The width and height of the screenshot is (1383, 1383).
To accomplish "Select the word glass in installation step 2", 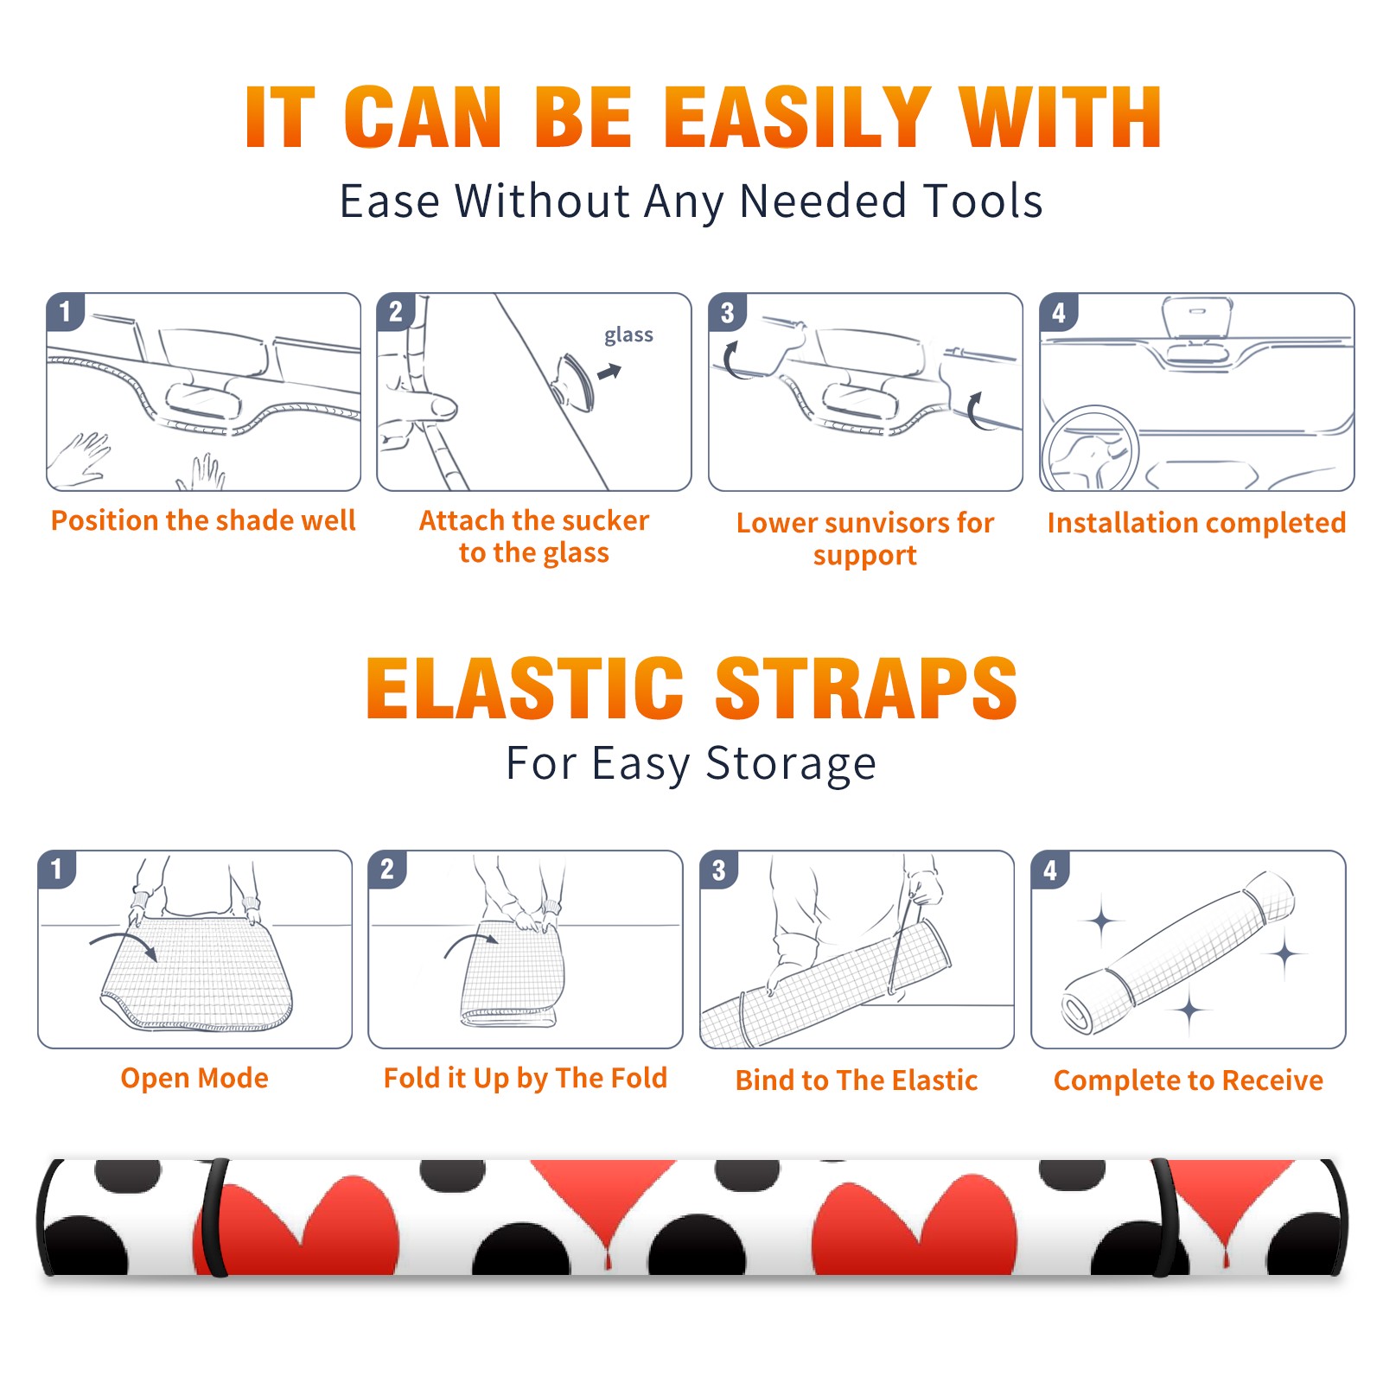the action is point(628,335).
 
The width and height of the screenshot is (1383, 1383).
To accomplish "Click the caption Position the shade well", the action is point(203,520).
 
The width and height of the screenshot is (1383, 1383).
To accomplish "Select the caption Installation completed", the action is point(1196,523).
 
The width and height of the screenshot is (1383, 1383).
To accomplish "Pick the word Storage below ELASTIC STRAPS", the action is point(791,764).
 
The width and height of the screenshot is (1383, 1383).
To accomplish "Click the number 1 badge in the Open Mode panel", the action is point(57,869).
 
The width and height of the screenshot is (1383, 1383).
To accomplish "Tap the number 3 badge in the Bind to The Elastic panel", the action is point(719,870).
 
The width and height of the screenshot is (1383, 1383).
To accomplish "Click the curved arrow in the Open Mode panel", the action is point(124,944).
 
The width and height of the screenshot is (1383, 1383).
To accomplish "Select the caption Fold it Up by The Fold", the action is point(526,1078).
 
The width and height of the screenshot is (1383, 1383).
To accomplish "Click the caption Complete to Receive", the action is point(1189,1080).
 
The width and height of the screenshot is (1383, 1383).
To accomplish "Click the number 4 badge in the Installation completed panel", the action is point(1059,312).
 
